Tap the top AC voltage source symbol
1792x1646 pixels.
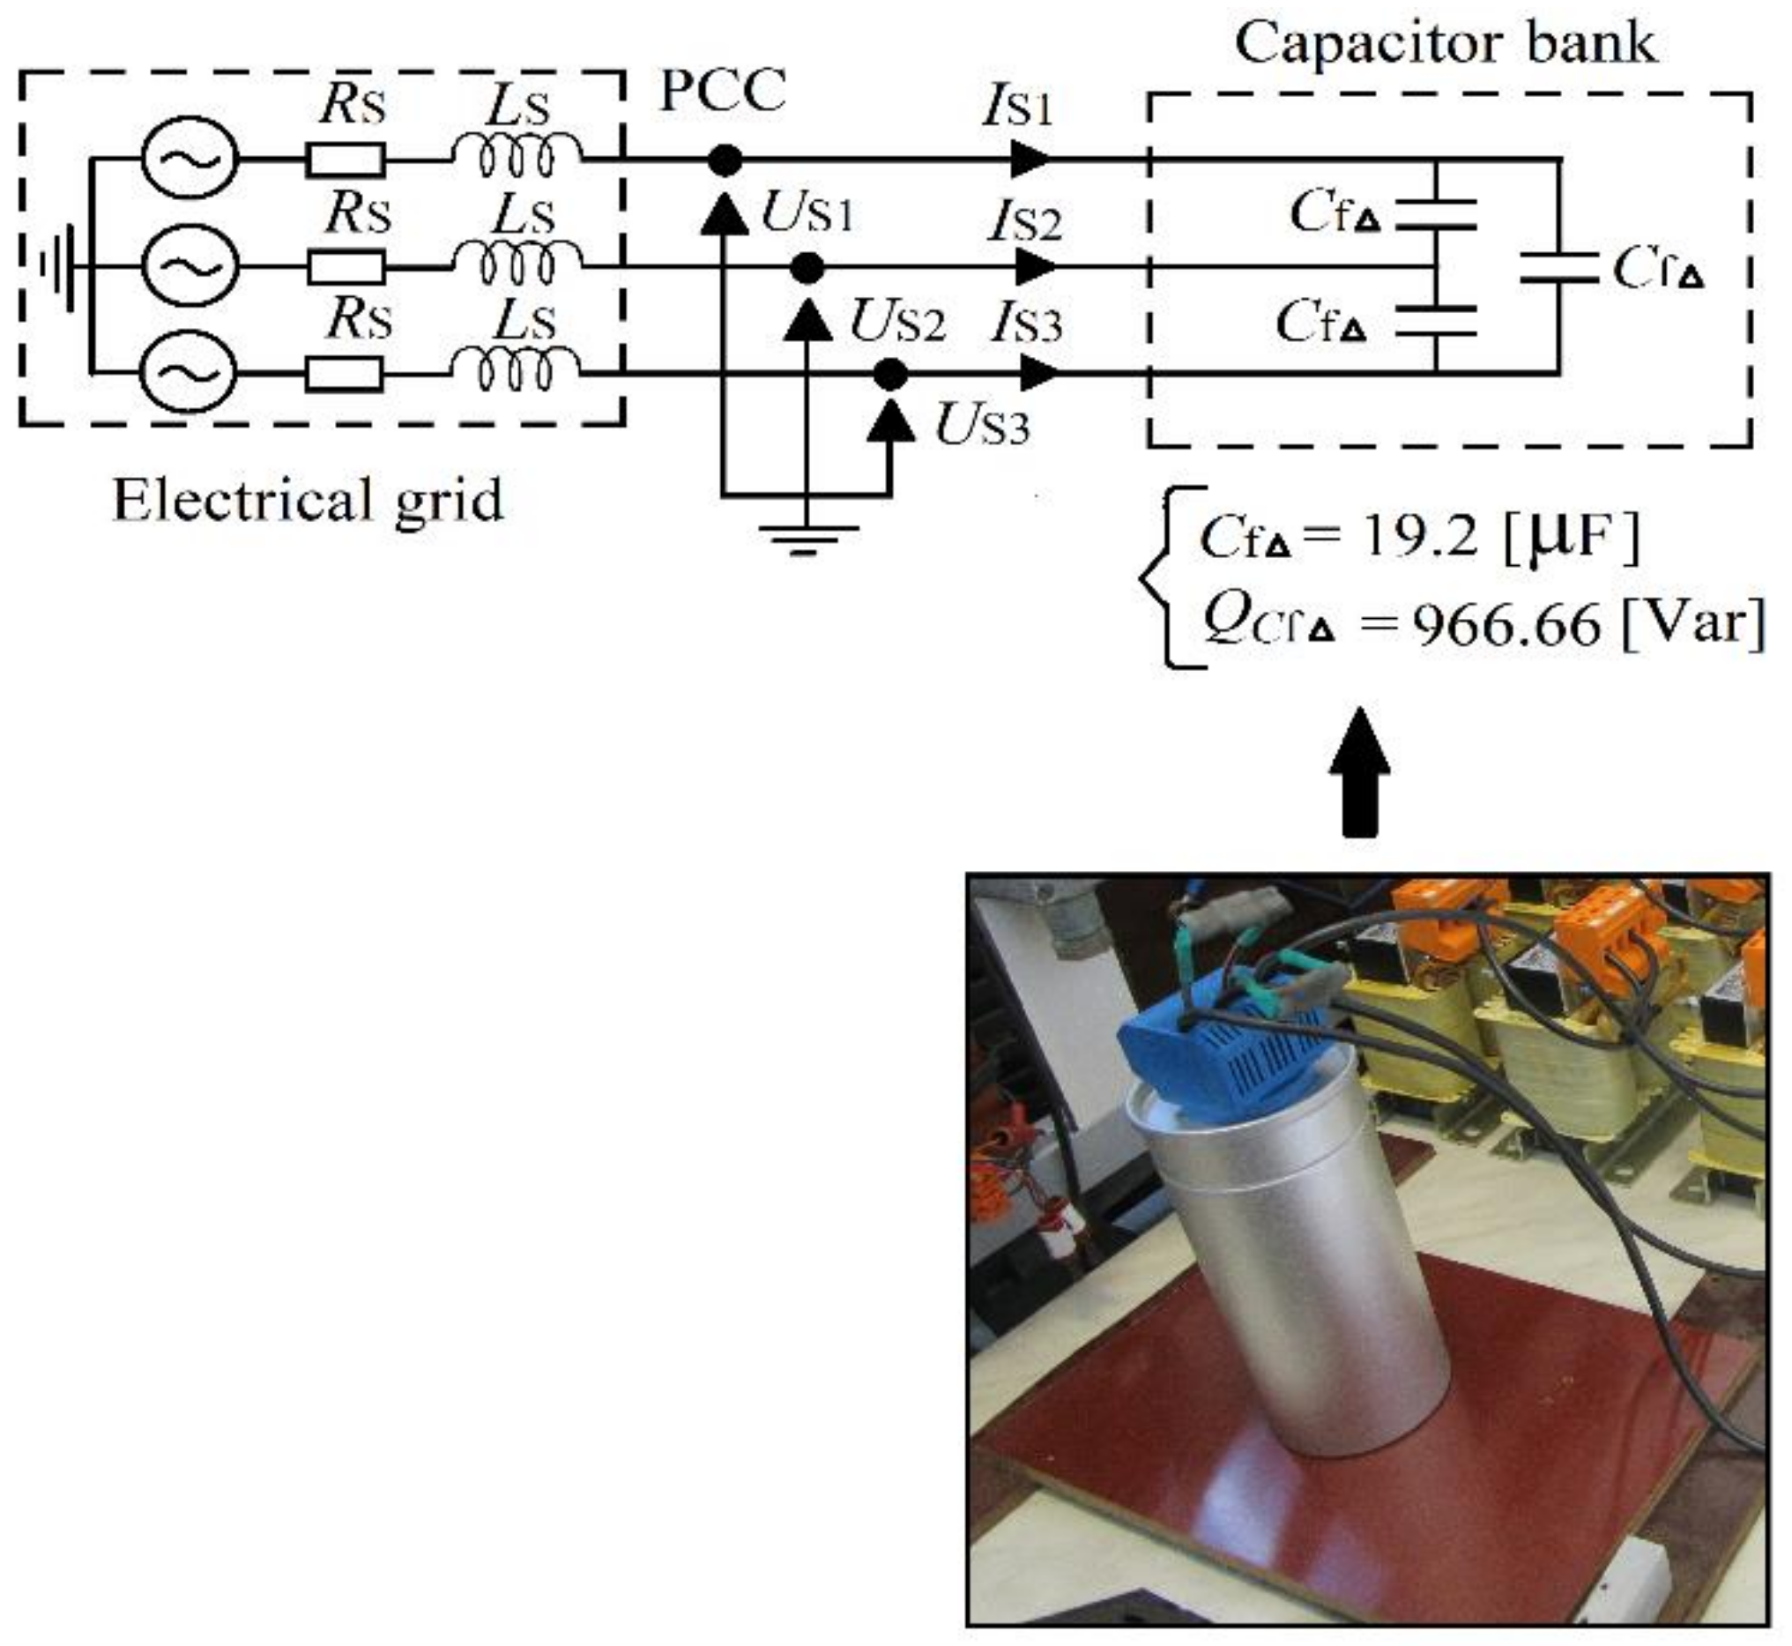pos(190,160)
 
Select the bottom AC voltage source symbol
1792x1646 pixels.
pos(188,372)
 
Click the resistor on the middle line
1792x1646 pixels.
pos(346,266)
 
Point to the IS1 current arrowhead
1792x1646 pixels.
pos(1030,160)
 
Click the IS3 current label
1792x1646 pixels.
pos(1027,324)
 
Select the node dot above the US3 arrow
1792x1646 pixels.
pos(889,375)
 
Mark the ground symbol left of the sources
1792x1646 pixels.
pos(59,266)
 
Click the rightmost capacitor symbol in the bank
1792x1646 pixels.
pos(1558,267)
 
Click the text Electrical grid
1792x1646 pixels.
pos(309,501)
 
